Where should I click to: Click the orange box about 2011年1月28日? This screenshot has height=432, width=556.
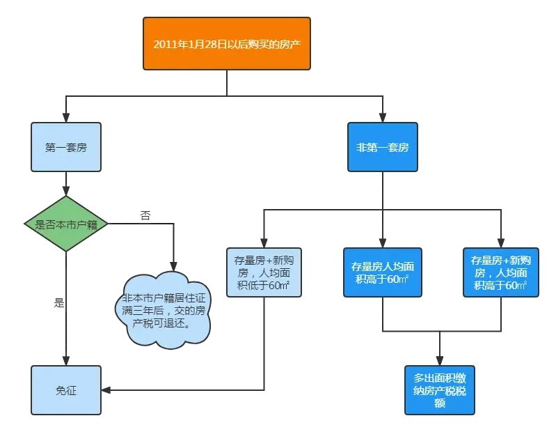[227, 43]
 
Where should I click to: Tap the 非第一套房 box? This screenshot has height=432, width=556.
[382, 148]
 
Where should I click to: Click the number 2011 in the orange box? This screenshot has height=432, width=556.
[166, 43]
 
